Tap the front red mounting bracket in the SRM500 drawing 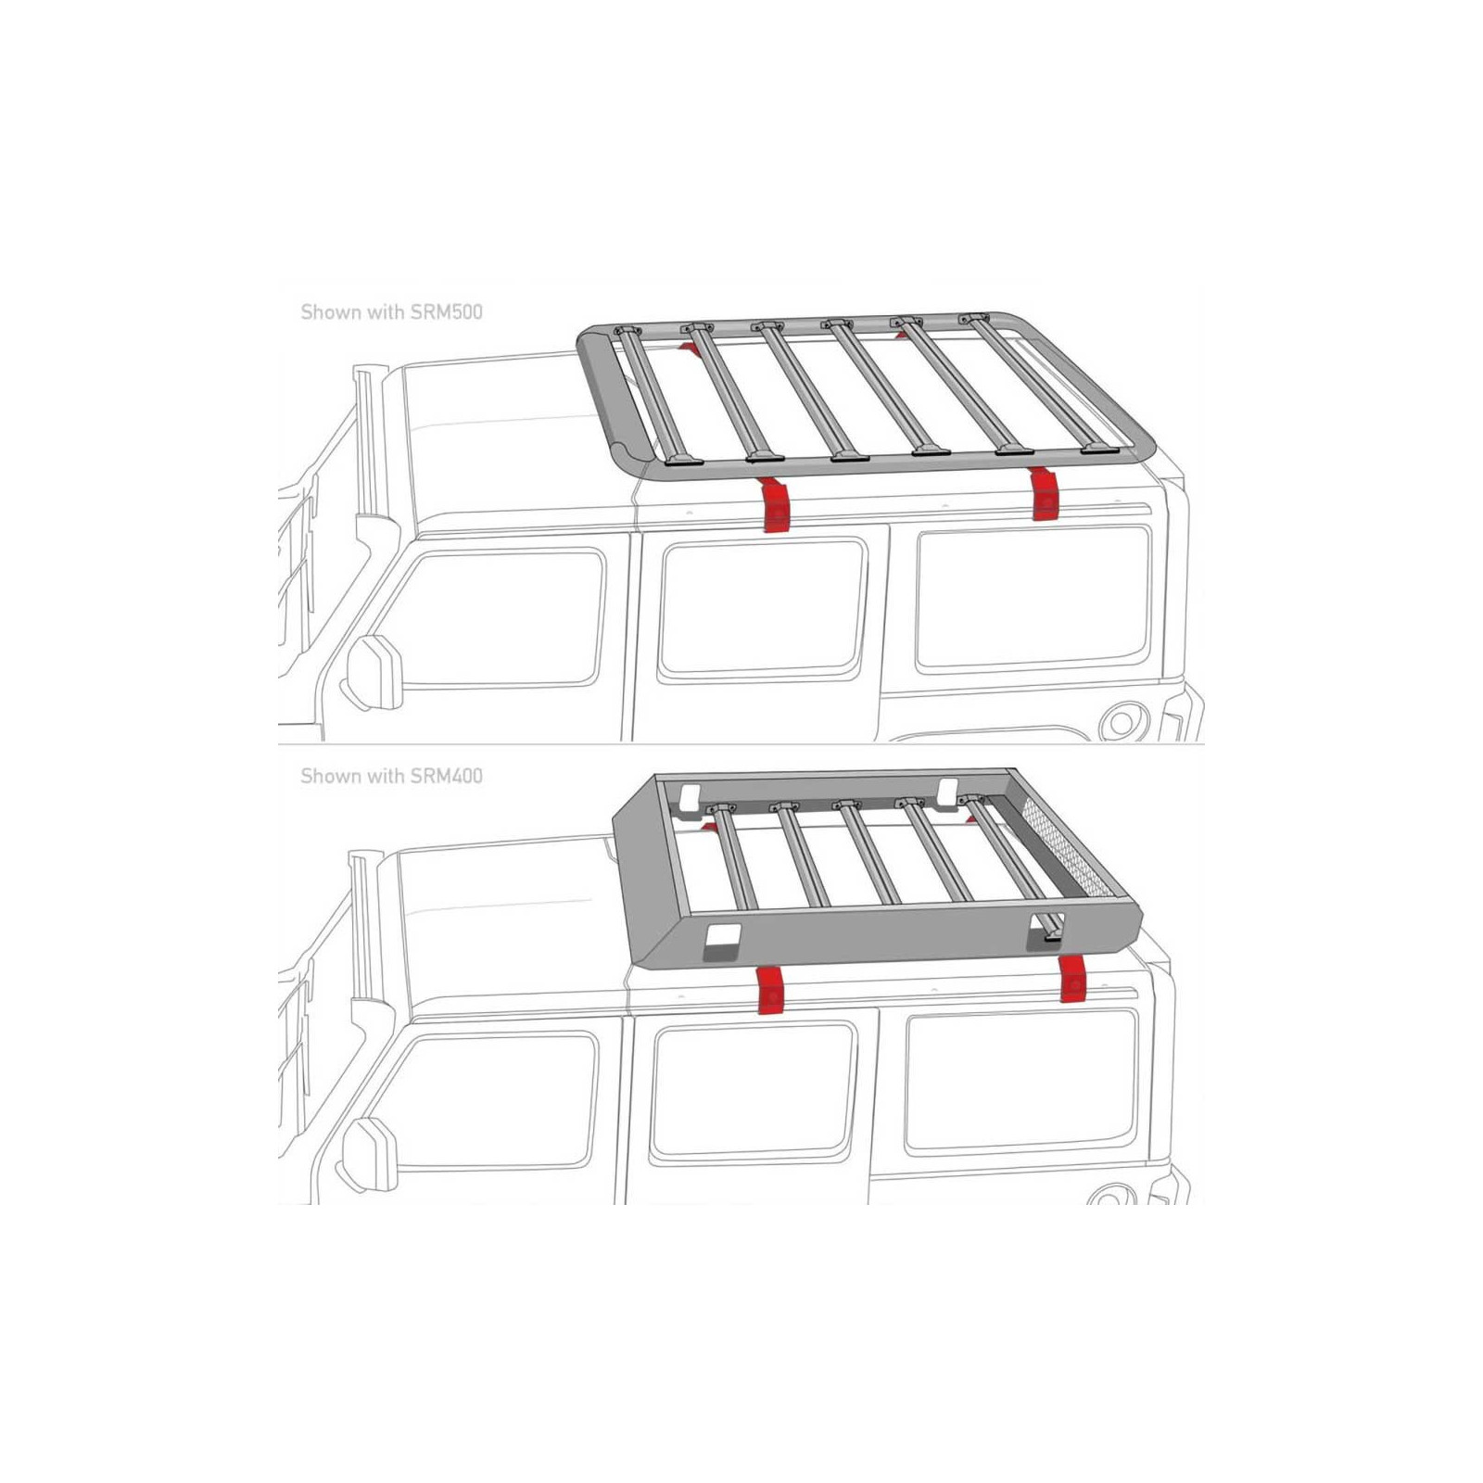pos(773,506)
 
